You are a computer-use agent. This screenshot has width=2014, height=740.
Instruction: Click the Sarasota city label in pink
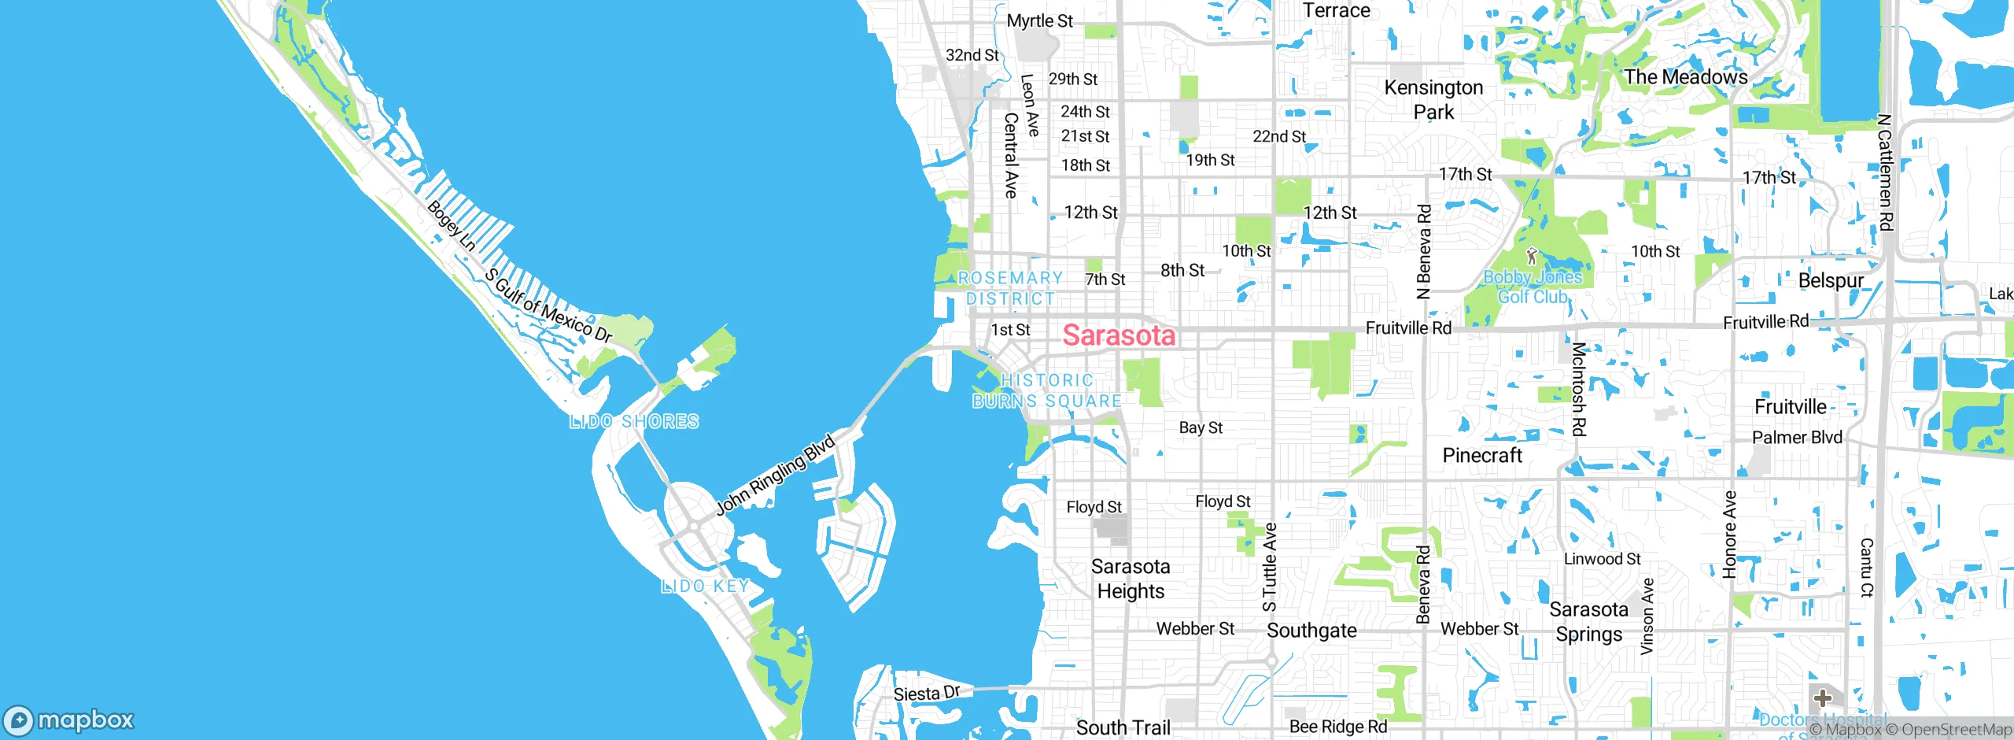(x=1119, y=335)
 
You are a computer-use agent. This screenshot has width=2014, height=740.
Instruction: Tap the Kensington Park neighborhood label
(x=1433, y=99)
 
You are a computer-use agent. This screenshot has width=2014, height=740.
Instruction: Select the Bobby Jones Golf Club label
(x=1533, y=287)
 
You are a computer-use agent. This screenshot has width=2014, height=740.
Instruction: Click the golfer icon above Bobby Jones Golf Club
(x=1531, y=256)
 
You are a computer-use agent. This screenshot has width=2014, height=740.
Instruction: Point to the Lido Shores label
(x=634, y=422)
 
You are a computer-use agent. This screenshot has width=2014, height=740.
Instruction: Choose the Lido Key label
(x=705, y=586)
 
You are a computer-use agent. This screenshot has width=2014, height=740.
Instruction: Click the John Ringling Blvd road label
(x=776, y=475)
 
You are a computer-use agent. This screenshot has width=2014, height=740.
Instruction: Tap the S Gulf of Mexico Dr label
(x=548, y=306)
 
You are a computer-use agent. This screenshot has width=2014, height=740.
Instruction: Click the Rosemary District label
(x=1011, y=288)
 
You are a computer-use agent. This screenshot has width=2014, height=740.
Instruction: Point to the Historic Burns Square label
(x=1047, y=390)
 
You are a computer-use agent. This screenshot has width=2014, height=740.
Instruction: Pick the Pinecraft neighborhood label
(x=1482, y=455)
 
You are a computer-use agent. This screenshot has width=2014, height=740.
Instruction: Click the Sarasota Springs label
(x=1588, y=622)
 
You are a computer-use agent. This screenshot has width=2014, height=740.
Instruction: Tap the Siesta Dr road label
(x=927, y=694)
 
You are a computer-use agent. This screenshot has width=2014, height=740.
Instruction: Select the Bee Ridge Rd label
(x=1338, y=727)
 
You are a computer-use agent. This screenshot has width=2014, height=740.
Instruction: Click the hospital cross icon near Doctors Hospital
(x=1823, y=697)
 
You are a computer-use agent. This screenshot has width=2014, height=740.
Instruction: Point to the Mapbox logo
(x=69, y=720)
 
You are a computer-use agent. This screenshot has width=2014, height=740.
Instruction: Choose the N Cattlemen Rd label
(x=1885, y=173)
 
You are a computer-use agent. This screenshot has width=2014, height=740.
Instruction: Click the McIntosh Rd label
(x=1579, y=389)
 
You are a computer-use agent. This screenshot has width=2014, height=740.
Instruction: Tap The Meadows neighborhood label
(x=1686, y=77)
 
